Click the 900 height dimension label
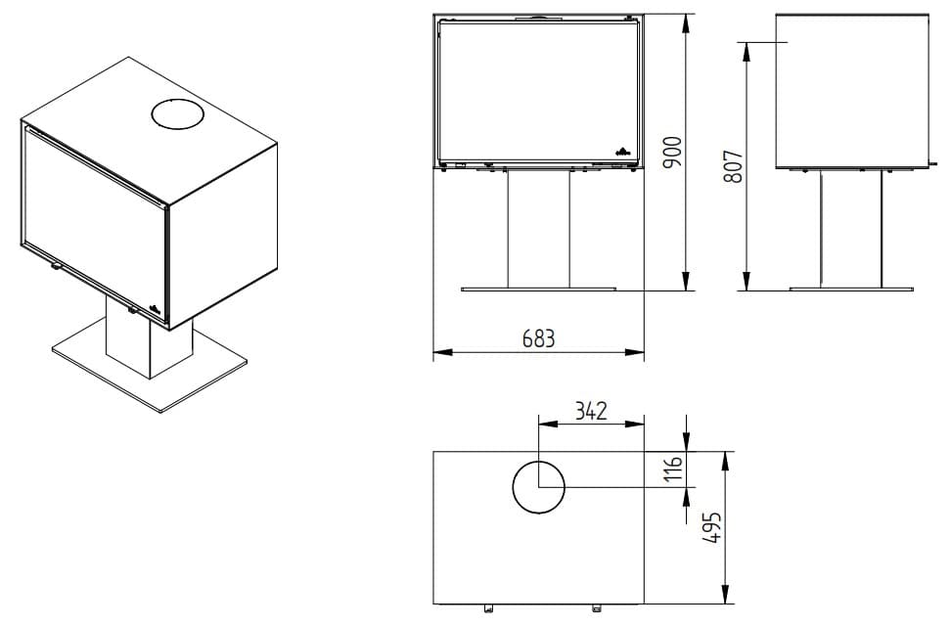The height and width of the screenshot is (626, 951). click(672, 153)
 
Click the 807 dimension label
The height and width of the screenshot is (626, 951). click(733, 167)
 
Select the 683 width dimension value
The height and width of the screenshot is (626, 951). click(538, 338)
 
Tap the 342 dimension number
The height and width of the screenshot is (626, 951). click(591, 411)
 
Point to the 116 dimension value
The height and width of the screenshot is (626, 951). click(673, 469)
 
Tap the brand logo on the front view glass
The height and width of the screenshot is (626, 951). click(623, 151)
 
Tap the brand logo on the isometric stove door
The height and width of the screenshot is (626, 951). click(155, 306)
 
